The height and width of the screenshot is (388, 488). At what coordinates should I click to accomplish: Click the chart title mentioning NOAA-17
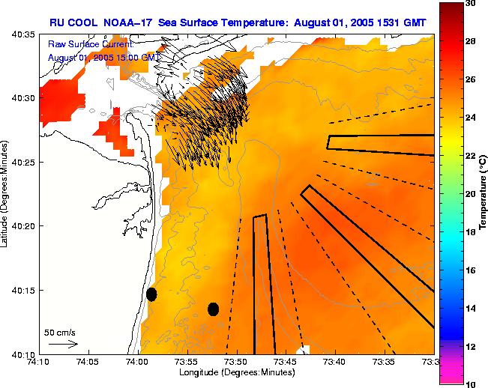(x=238, y=23)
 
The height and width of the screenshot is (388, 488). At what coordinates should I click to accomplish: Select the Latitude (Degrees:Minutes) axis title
(x=6, y=193)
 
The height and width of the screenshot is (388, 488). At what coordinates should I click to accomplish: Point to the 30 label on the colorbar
(x=469, y=4)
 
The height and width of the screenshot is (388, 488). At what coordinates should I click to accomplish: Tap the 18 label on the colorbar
(x=469, y=232)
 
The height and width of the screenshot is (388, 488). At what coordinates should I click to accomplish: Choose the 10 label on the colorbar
(x=469, y=384)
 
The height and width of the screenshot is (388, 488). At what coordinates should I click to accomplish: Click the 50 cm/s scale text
(x=60, y=332)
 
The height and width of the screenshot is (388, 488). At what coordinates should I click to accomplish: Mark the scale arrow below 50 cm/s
(x=63, y=344)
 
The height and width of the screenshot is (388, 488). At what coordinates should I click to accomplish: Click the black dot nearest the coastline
(x=151, y=294)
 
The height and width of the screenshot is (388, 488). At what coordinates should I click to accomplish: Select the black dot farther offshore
(x=213, y=309)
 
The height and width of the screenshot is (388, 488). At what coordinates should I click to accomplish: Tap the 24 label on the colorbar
(x=469, y=118)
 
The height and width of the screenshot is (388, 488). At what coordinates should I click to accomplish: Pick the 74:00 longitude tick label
(x=137, y=362)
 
